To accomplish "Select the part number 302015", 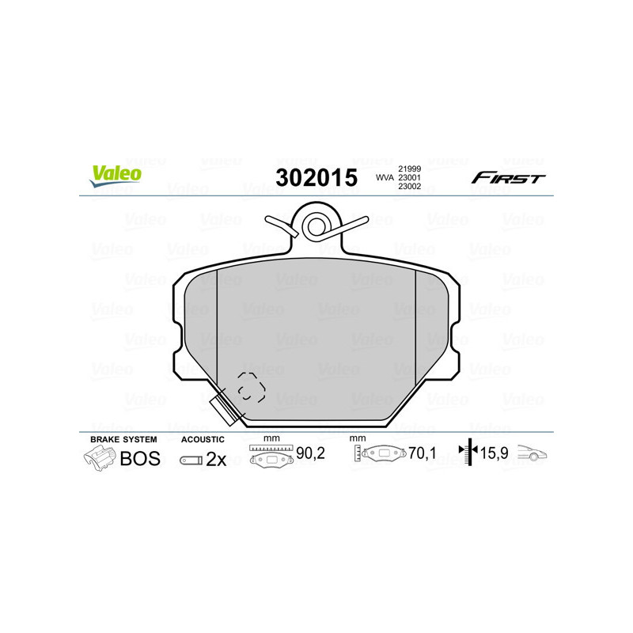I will point(316,177).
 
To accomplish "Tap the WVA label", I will point(384,179).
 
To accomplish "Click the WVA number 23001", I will point(409,179).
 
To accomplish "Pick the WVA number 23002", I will point(409,188).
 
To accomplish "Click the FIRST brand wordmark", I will point(508,178).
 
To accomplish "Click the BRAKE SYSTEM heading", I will point(123,439).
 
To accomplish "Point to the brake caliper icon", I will point(100,457).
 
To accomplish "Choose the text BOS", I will point(140,458).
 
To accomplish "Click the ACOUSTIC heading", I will point(203,439).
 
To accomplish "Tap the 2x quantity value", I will point(216,459).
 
